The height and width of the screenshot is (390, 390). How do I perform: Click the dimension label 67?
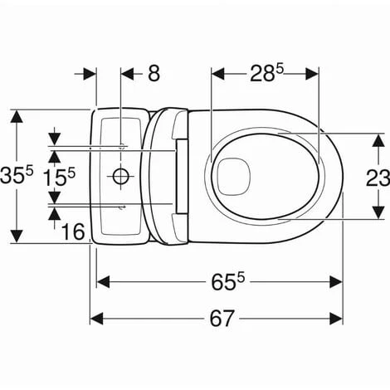(x=222, y=319)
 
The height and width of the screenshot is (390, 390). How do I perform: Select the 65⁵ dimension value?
(x=228, y=281)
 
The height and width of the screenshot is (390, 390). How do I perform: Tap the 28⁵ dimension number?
(x=266, y=73)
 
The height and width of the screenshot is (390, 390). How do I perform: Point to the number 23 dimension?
(x=378, y=178)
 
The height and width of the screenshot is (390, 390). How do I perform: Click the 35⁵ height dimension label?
(x=17, y=175)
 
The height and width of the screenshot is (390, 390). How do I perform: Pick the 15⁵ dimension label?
(x=59, y=178)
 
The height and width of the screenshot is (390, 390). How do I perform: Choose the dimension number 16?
(x=73, y=232)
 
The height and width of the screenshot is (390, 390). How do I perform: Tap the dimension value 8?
(x=154, y=74)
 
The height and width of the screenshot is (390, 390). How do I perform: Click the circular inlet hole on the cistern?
(x=121, y=176)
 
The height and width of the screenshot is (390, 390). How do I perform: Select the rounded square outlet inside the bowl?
(x=234, y=177)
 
